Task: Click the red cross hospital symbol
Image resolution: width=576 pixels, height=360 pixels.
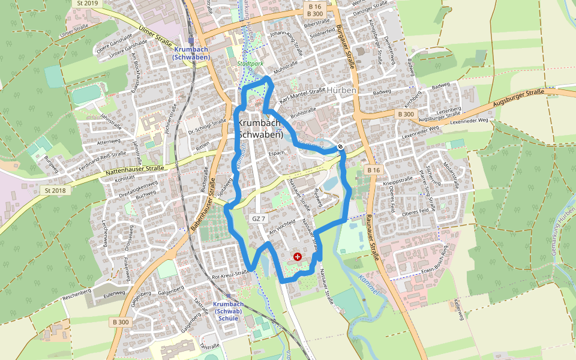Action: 298,257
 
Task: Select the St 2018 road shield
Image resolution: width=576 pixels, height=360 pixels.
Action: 53,190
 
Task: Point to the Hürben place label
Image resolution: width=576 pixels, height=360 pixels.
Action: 342,90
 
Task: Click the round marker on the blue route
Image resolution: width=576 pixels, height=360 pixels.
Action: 340,146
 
